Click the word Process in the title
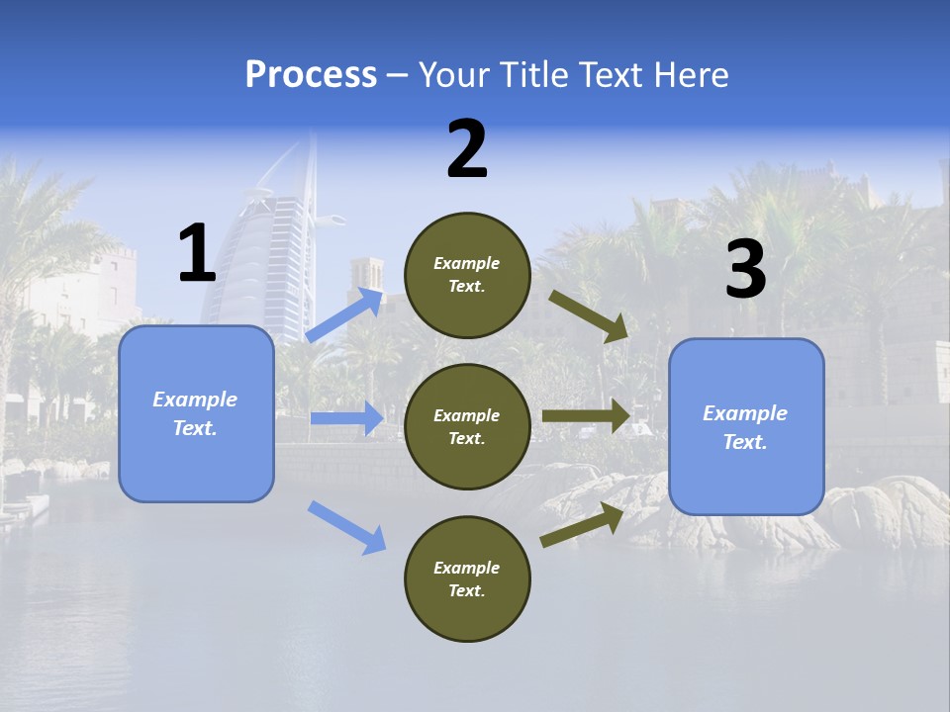311,75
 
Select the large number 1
196,254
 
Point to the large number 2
467,149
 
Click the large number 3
745,269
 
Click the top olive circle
467,275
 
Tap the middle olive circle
467,426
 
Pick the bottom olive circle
467,578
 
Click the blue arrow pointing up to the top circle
345,314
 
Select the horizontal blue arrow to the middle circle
347,418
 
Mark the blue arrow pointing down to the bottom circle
347,527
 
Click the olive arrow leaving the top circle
589,316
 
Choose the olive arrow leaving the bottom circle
582,525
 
